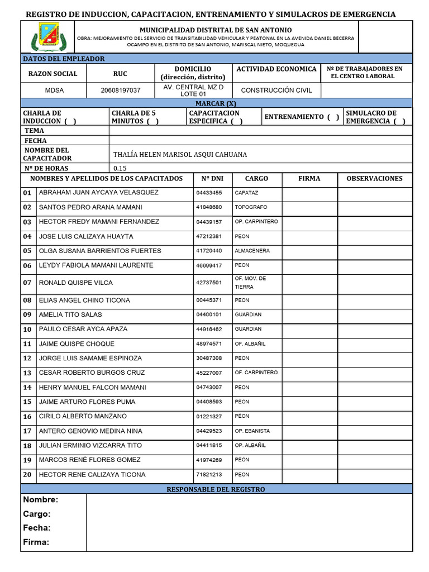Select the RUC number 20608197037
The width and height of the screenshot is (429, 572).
click(120, 90)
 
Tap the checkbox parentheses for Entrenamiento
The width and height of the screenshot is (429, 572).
click(333, 117)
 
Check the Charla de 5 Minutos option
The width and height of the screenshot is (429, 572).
click(152, 121)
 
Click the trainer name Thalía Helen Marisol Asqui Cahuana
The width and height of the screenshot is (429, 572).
click(180, 155)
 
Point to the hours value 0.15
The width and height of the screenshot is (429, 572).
click(120, 168)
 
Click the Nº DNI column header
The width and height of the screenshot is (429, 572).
click(212, 179)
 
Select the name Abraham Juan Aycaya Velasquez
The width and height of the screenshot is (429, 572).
click(98, 193)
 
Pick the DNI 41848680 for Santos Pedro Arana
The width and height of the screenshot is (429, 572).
click(209, 207)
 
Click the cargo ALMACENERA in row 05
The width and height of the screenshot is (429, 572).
click(252, 251)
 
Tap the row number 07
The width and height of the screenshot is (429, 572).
click(27, 283)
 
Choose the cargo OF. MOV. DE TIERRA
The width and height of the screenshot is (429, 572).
click(250, 283)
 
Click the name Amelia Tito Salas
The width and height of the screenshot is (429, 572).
click(70, 314)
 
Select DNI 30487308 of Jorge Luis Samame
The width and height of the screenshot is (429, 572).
click(209, 358)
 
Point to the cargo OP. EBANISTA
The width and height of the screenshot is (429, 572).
click(252, 431)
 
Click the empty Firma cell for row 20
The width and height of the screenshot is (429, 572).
click(309, 475)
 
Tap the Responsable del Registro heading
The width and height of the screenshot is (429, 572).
click(216, 489)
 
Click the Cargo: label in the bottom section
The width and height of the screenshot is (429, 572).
click(37, 514)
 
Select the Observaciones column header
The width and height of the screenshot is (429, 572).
click(374, 179)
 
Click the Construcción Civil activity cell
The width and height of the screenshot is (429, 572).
click(277, 90)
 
